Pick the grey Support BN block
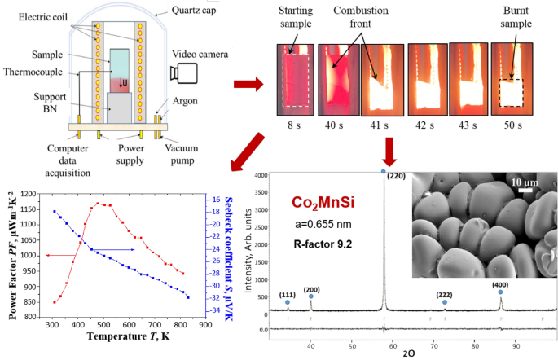(x=121, y=103)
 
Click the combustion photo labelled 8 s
(x=294, y=77)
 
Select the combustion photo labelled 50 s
(x=511, y=77)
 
